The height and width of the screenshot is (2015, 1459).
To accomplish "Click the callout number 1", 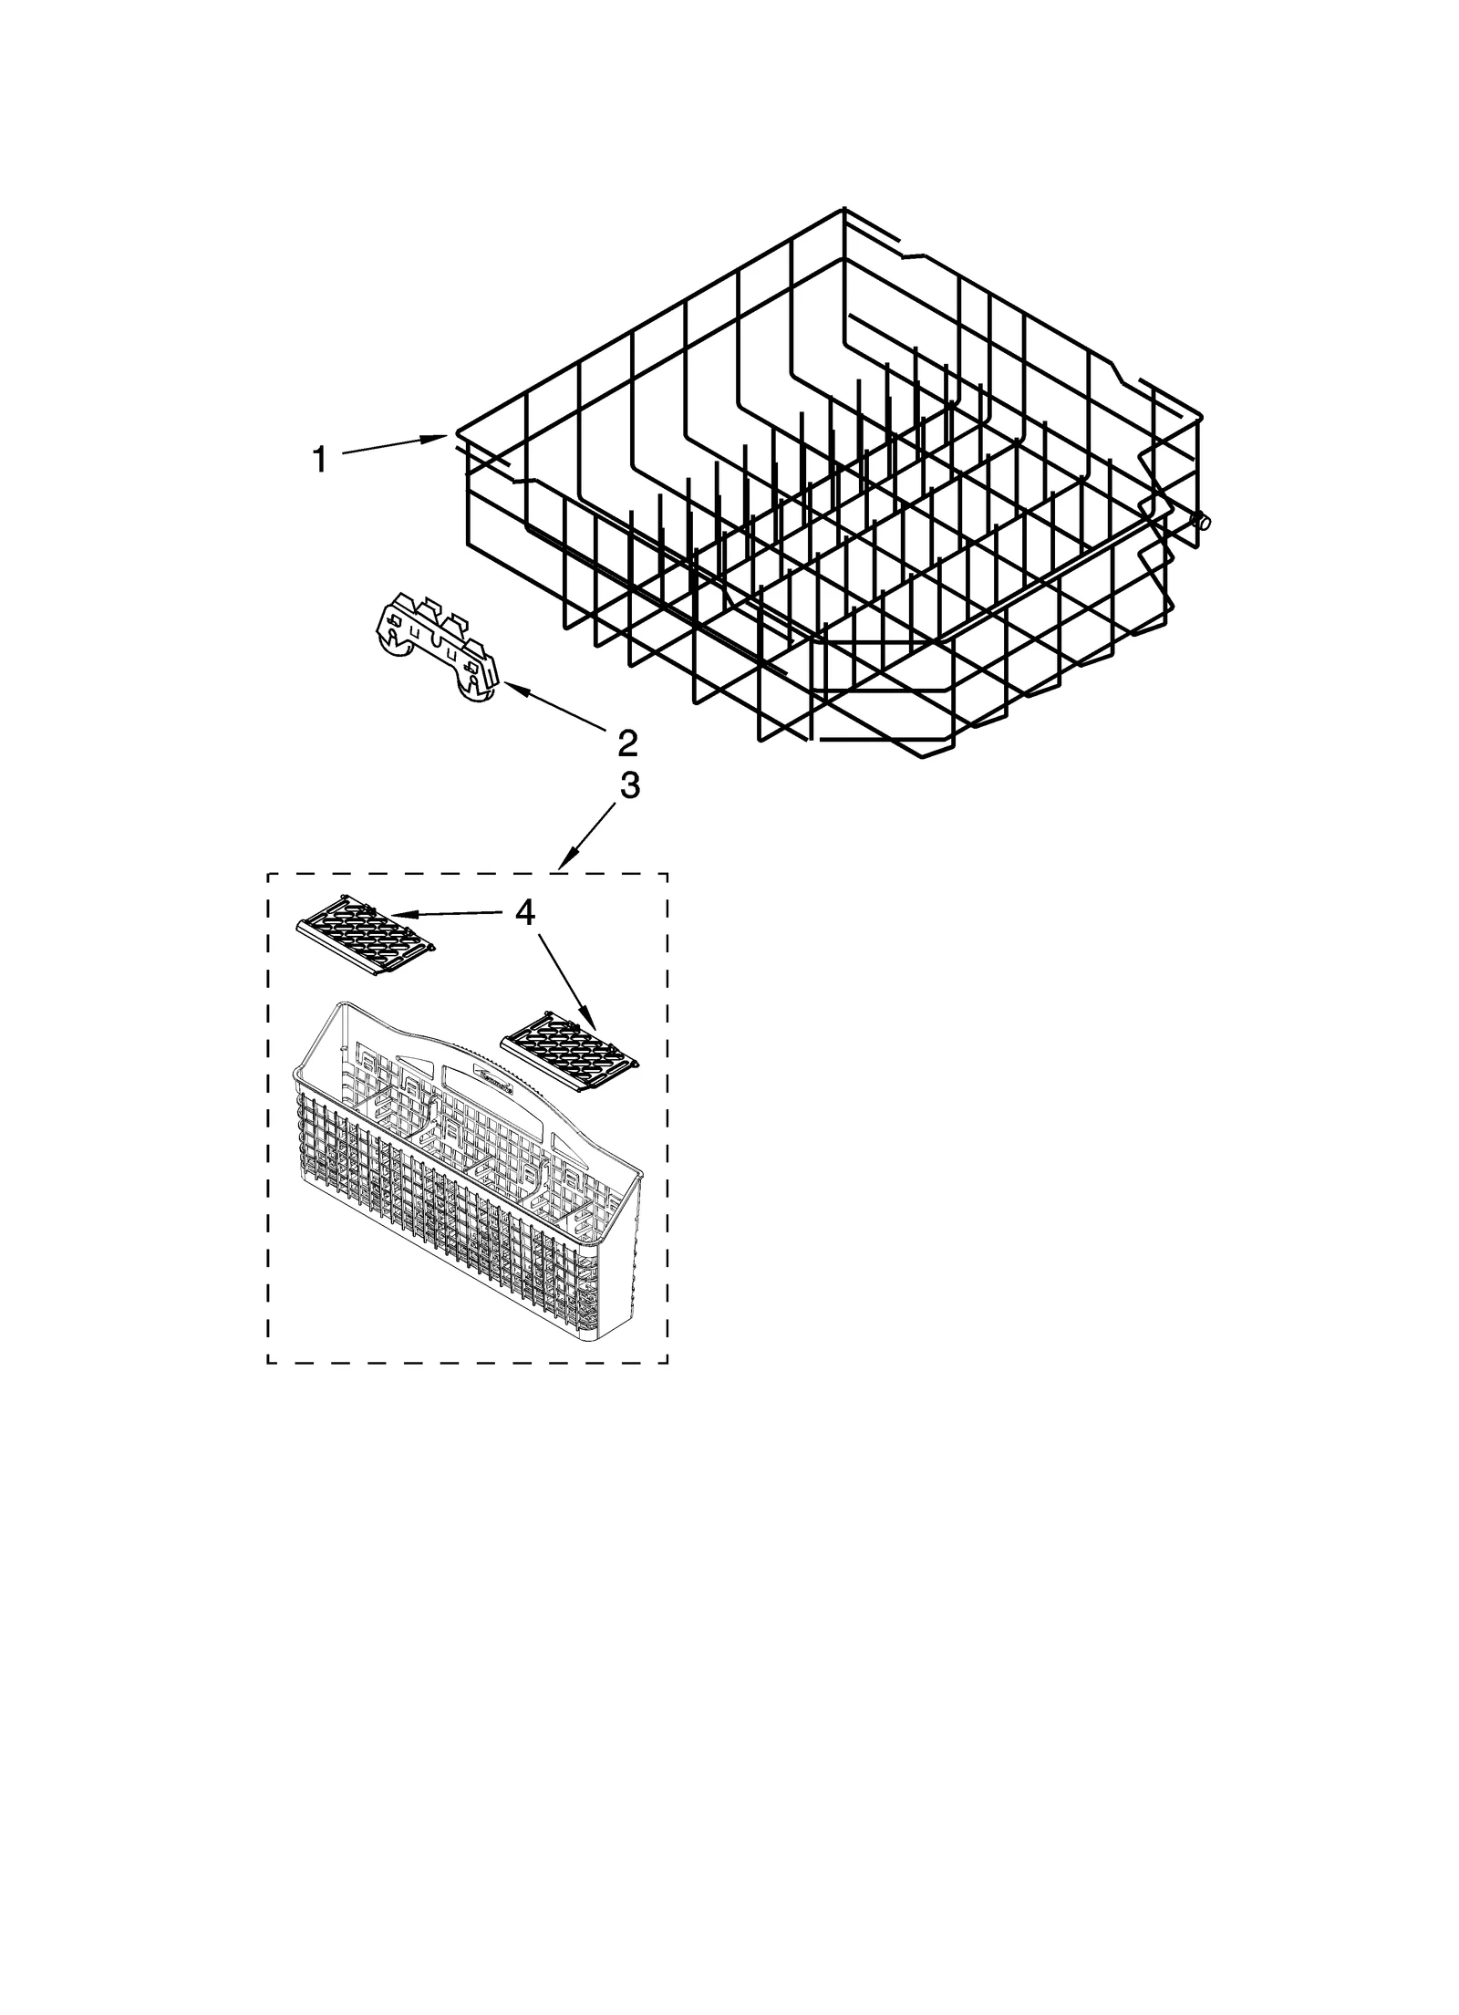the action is tap(319, 459).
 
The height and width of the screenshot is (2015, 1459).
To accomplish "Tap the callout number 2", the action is tap(626, 743).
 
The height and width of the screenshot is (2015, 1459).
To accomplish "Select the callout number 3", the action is tap(629, 785).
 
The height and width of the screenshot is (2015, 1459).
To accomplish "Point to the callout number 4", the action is tap(525, 912).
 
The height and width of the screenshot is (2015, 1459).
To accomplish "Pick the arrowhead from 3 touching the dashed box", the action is tap(564, 862).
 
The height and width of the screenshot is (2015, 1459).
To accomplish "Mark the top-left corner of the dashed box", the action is tap(267, 874).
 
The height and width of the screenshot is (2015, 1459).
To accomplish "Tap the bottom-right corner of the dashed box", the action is tap(667, 1388).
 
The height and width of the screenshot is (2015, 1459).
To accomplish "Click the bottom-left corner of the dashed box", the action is tap(267, 1388).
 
